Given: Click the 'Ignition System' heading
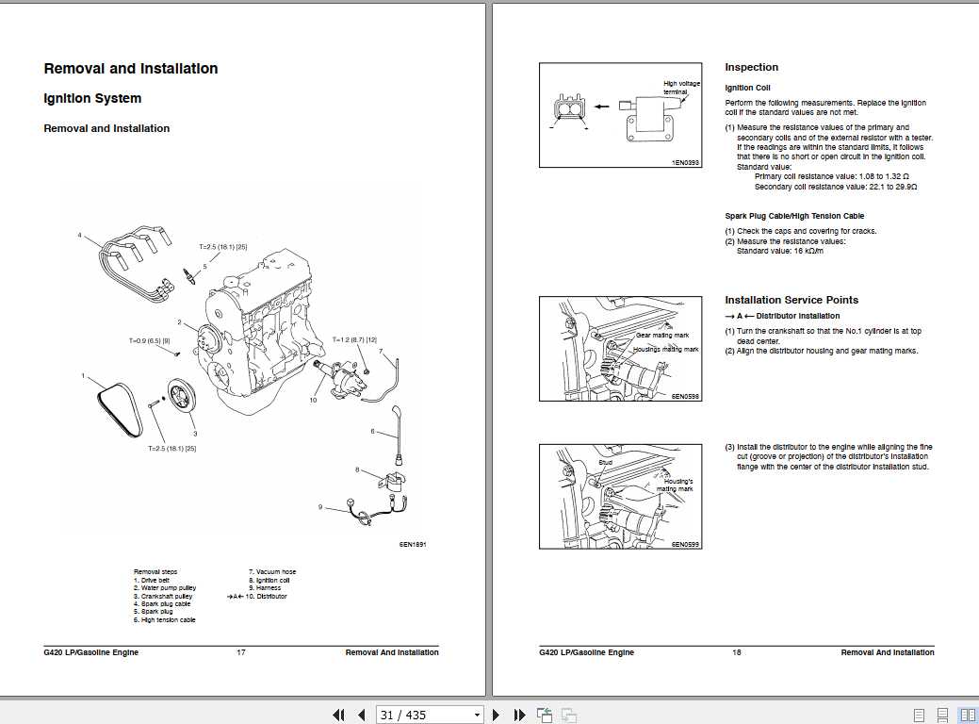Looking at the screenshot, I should click(x=92, y=99).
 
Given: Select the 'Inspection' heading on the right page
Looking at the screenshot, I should click(x=751, y=67).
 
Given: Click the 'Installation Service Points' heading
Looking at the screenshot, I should click(x=791, y=300).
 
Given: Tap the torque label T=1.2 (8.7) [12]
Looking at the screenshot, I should click(x=353, y=339).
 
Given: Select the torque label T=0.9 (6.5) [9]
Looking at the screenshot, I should click(x=149, y=340).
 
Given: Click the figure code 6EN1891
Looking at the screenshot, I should click(x=413, y=544).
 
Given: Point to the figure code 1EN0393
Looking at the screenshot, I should click(x=685, y=162).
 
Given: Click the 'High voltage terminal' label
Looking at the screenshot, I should click(x=681, y=88).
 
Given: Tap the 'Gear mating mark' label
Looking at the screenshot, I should click(x=661, y=336).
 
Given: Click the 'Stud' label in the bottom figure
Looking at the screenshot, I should click(x=605, y=463).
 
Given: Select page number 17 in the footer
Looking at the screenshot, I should click(x=240, y=652).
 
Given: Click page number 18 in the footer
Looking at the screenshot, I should click(x=736, y=652).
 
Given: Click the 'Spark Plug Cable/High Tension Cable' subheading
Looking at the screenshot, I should click(x=793, y=216).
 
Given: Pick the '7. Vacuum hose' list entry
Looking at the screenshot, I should click(x=271, y=572).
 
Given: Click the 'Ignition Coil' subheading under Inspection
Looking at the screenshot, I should click(x=747, y=88).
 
